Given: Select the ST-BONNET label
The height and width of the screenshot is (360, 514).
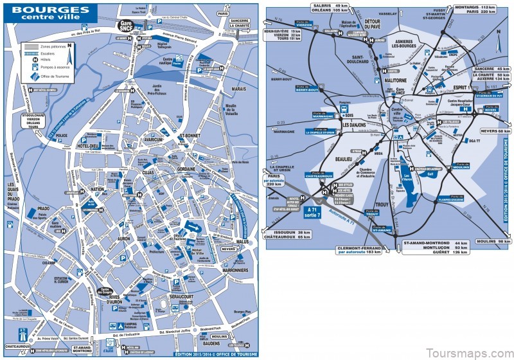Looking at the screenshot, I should click(191, 136).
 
